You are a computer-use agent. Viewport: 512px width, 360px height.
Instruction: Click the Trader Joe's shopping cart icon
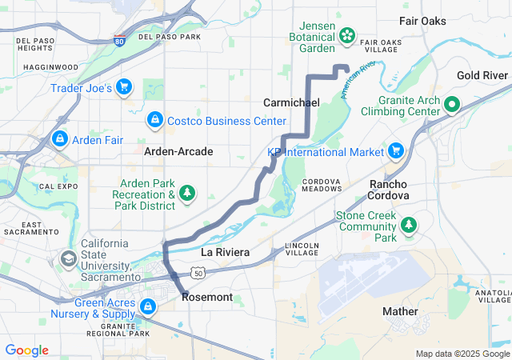(124, 86)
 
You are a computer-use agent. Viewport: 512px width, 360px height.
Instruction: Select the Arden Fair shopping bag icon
(58, 139)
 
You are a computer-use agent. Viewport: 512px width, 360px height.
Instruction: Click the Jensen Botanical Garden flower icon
(348, 34)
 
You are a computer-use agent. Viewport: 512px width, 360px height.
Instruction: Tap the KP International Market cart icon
(396, 150)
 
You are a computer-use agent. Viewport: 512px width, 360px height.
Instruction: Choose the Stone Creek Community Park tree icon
(410, 225)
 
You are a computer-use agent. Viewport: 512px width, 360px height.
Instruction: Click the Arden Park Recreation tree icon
(188, 192)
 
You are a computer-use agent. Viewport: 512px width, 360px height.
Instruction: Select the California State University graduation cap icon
(68, 258)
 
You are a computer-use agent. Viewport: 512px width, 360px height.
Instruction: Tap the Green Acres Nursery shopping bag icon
(148, 306)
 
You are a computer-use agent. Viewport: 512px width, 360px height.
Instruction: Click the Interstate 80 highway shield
(119, 41)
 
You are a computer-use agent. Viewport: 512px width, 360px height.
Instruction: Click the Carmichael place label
(291, 103)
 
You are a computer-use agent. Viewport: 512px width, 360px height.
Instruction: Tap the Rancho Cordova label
(389, 190)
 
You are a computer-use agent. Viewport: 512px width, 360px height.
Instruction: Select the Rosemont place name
(207, 298)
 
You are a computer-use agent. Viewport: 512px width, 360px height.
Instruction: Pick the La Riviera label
(225, 252)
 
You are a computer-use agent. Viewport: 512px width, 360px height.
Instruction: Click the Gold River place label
(482, 75)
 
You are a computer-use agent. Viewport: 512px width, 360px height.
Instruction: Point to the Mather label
(400, 311)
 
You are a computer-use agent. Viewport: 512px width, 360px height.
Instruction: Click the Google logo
(27, 350)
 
